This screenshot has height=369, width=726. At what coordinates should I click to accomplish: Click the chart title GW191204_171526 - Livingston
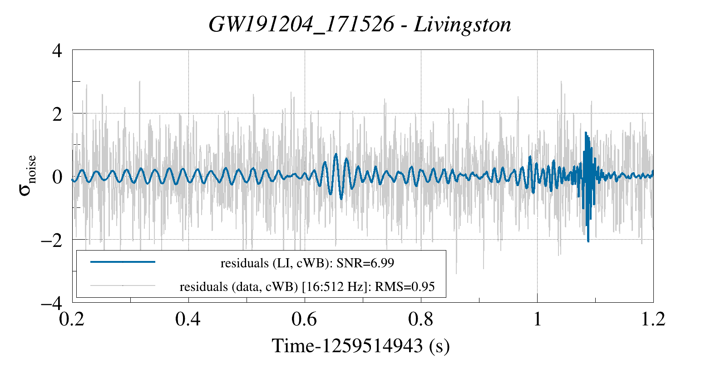click(x=360, y=25)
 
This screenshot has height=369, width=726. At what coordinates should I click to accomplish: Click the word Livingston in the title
click(x=462, y=25)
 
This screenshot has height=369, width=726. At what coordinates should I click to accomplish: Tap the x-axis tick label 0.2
click(x=72, y=319)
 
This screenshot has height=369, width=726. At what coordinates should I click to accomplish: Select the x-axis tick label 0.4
click(x=188, y=319)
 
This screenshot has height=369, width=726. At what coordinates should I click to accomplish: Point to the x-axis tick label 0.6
click(x=304, y=319)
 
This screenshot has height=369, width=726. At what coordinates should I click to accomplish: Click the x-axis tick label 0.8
click(x=421, y=319)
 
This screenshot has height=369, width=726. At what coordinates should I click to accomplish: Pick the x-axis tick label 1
click(x=538, y=319)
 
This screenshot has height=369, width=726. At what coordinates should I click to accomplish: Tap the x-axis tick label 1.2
click(x=653, y=319)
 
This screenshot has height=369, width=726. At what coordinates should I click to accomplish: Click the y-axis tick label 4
click(x=57, y=50)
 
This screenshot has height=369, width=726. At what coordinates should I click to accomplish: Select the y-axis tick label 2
click(x=57, y=113)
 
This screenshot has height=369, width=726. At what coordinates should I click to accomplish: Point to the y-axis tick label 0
click(x=57, y=177)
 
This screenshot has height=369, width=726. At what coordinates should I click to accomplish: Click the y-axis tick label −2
click(x=51, y=240)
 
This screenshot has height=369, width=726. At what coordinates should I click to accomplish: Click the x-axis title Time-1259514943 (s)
click(x=361, y=346)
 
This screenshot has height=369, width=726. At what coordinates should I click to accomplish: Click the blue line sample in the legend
click(x=123, y=262)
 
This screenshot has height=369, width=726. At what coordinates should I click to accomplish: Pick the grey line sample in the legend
click(x=123, y=286)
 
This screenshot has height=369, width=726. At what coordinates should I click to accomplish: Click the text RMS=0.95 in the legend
click(x=405, y=287)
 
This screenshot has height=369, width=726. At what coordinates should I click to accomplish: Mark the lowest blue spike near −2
click(x=588, y=241)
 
